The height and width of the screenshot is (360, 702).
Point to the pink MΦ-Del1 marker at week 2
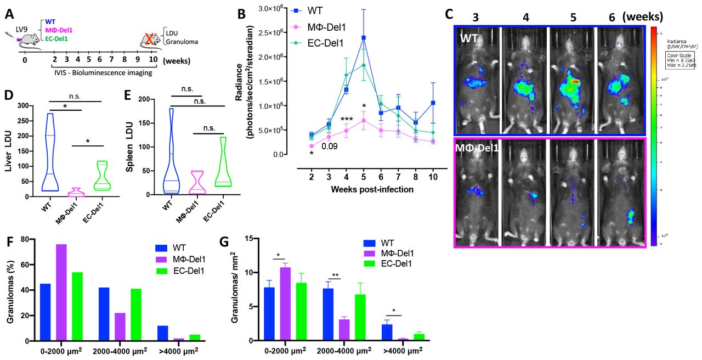point(312,146)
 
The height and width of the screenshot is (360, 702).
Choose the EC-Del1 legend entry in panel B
point(324,40)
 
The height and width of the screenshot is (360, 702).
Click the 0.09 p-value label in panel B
point(329,146)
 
